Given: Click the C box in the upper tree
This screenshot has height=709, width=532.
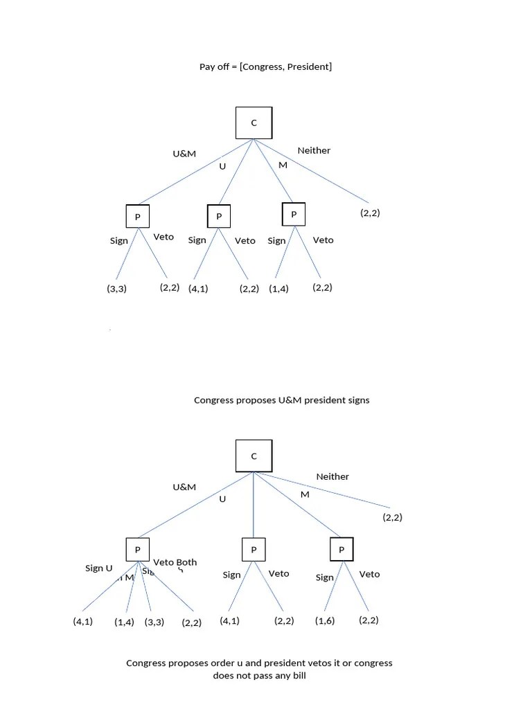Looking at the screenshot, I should tap(254, 123).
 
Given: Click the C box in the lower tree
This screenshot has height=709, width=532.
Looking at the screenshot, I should tap(254, 456).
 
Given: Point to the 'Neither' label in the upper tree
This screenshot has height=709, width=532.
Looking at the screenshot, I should tap(314, 150).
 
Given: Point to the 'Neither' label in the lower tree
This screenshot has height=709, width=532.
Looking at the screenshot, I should tap(332, 476).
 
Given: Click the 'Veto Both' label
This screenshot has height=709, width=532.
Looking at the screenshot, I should tap(175, 562).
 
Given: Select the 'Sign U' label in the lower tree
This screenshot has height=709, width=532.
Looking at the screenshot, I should tap(98, 568).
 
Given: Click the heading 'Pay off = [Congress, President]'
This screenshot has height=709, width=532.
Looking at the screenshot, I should tap(265, 66).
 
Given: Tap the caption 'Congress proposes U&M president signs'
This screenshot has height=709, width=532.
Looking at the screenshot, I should tap(281, 400).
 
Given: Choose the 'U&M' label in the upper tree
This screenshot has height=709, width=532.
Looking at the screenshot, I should tap(184, 154).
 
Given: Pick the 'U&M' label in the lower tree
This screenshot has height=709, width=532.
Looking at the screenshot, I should tap(184, 487).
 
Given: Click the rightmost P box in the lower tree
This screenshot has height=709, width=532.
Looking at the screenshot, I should tap(342, 550).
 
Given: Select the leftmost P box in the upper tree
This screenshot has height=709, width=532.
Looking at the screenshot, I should tap(137, 217).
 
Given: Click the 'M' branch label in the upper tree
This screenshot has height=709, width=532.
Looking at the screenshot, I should tap(283, 165).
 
